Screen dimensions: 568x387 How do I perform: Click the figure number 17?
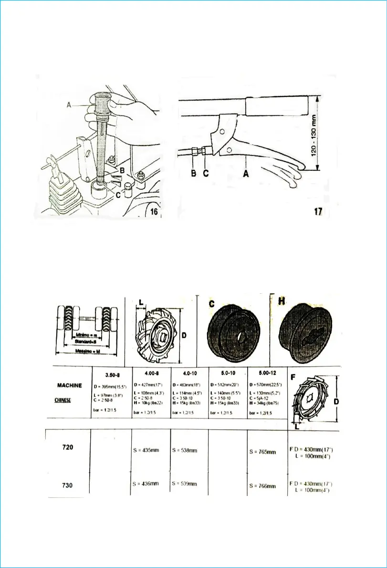click(x=318, y=211)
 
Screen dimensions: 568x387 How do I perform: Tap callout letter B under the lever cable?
click(x=194, y=174)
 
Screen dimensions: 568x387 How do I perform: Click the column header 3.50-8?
click(x=111, y=374)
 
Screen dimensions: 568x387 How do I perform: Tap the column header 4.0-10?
click(x=189, y=374)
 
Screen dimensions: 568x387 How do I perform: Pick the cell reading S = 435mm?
click(x=146, y=450)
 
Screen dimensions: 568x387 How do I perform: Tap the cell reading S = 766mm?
click(x=263, y=486)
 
